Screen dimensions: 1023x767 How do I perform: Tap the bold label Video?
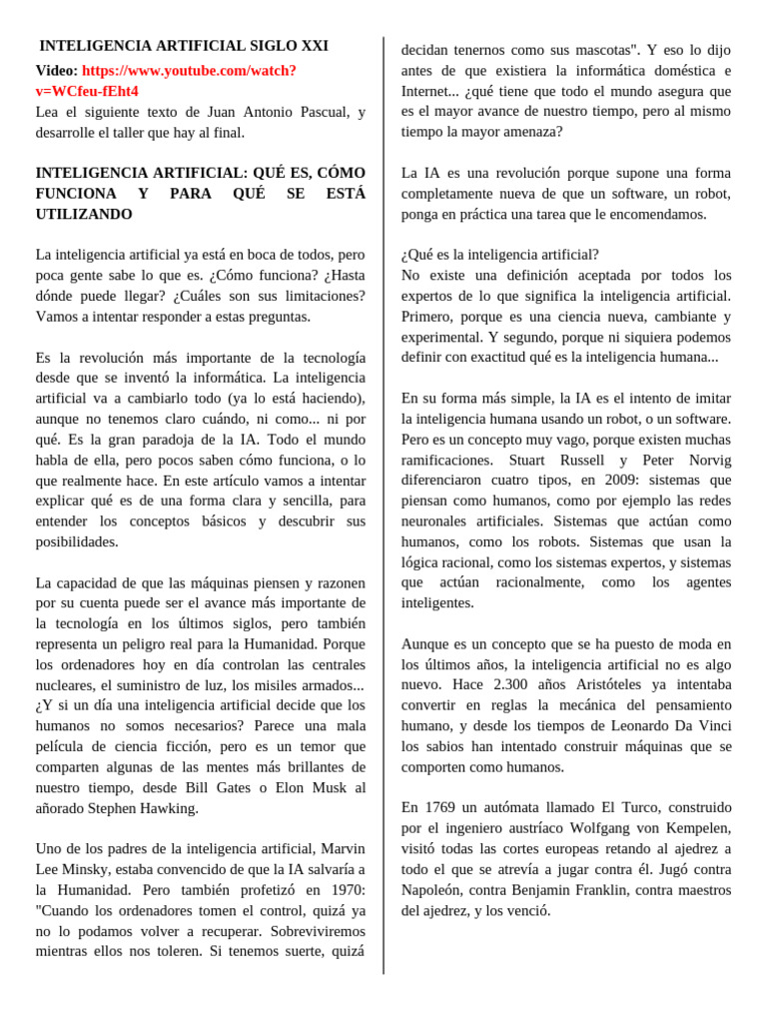pyautogui.click(x=56, y=71)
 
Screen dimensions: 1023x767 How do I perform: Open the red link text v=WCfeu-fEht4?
pyautogui.click(x=87, y=91)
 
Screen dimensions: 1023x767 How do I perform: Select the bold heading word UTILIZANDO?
pyautogui.click(x=84, y=215)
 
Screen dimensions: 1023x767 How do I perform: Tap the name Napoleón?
pyautogui.click(x=434, y=890)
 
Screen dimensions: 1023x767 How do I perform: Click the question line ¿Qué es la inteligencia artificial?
pyautogui.click(x=500, y=255)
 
